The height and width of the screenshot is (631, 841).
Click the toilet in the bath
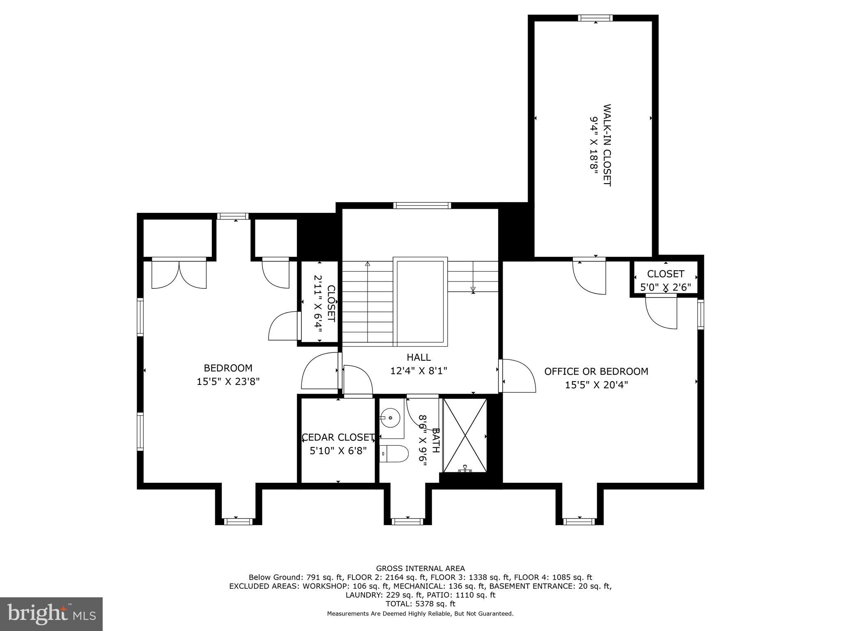coord(394,454)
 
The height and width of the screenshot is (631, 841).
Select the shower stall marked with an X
coord(465,435)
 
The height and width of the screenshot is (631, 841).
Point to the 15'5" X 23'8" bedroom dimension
coord(228,382)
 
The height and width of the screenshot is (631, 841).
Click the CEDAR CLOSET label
coord(338,437)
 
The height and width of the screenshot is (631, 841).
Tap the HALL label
coord(418,357)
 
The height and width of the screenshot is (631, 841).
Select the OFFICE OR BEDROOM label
coord(596,371)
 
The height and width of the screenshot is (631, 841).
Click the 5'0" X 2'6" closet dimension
coord(665,287)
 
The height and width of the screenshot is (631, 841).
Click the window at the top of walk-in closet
coord(595,18)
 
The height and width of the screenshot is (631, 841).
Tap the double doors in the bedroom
coord(179,274)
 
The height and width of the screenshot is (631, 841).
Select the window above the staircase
coord(422,205)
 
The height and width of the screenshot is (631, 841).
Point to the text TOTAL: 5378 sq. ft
coord(420,604)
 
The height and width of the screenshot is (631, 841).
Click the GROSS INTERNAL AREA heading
coord(420,569)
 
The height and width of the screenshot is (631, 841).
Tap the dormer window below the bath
coord(407,521)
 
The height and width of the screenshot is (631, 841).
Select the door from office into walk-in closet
coord(589,276)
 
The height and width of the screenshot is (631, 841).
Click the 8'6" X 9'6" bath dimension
coord(423,440)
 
